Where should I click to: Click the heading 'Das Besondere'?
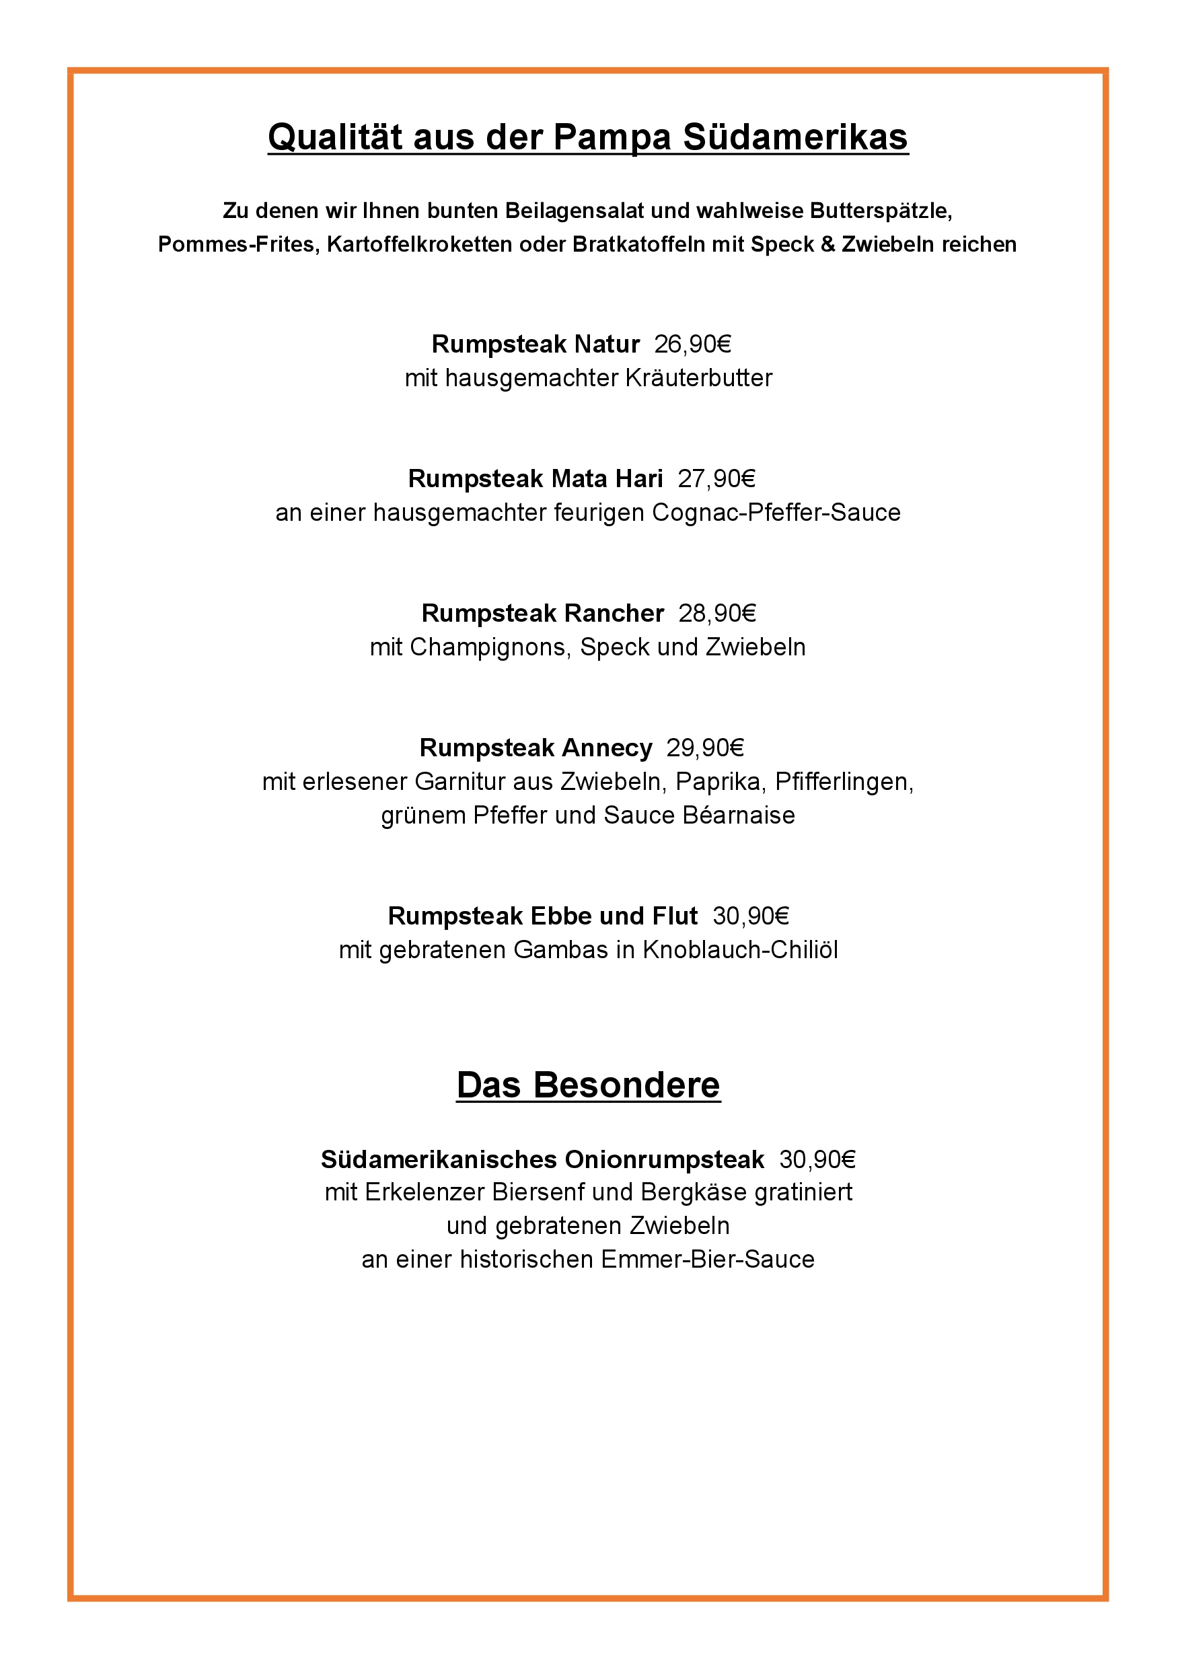588,1085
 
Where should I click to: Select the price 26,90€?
692,344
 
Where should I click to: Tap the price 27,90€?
716,478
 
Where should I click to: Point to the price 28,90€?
717,614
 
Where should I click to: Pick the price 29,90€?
705,748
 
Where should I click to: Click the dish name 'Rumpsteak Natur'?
536,344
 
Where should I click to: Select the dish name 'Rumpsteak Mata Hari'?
536,478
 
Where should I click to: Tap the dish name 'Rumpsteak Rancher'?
542,614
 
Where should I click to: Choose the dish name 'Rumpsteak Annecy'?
536,748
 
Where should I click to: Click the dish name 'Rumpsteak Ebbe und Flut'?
542,916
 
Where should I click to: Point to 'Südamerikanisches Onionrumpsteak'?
542,1159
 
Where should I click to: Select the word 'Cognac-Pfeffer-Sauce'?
776,513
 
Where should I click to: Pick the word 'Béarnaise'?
738,815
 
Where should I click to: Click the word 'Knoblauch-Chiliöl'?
739,950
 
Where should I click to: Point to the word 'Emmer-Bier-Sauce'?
708,1260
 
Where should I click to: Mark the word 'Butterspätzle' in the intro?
881,211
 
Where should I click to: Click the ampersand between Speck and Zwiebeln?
827,244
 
